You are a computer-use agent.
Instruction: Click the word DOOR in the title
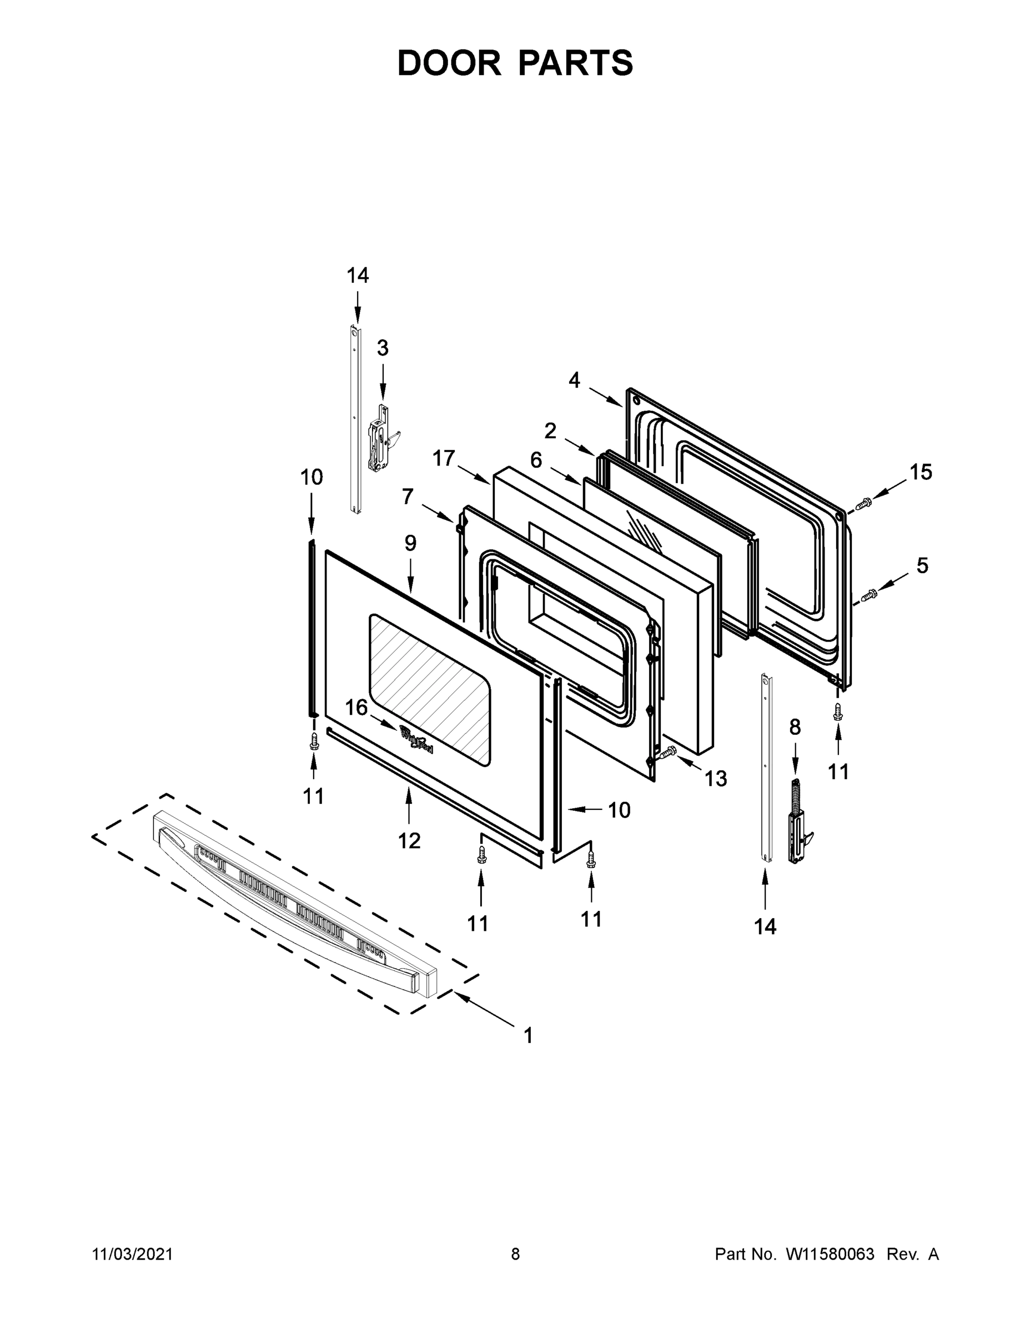[x=449, y=63]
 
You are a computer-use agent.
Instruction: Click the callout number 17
[x=444, y=458]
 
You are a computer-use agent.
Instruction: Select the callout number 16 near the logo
[x=356, y=708]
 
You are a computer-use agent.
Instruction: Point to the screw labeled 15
[x=863, y=504]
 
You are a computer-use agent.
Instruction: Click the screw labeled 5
[x=868, y=593]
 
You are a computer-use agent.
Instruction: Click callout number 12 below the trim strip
[x=409, y=840]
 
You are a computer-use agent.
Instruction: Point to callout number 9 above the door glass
[x=410, y=543]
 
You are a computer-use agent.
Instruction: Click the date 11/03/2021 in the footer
[x=132, y=1254]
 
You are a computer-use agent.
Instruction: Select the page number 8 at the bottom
[x=515, y=1254]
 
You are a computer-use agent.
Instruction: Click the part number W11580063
[x=830, y=1254]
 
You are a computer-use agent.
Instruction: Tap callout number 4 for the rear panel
[x=574, y=380]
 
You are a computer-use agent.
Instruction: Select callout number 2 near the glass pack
[x=550, y=431]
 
